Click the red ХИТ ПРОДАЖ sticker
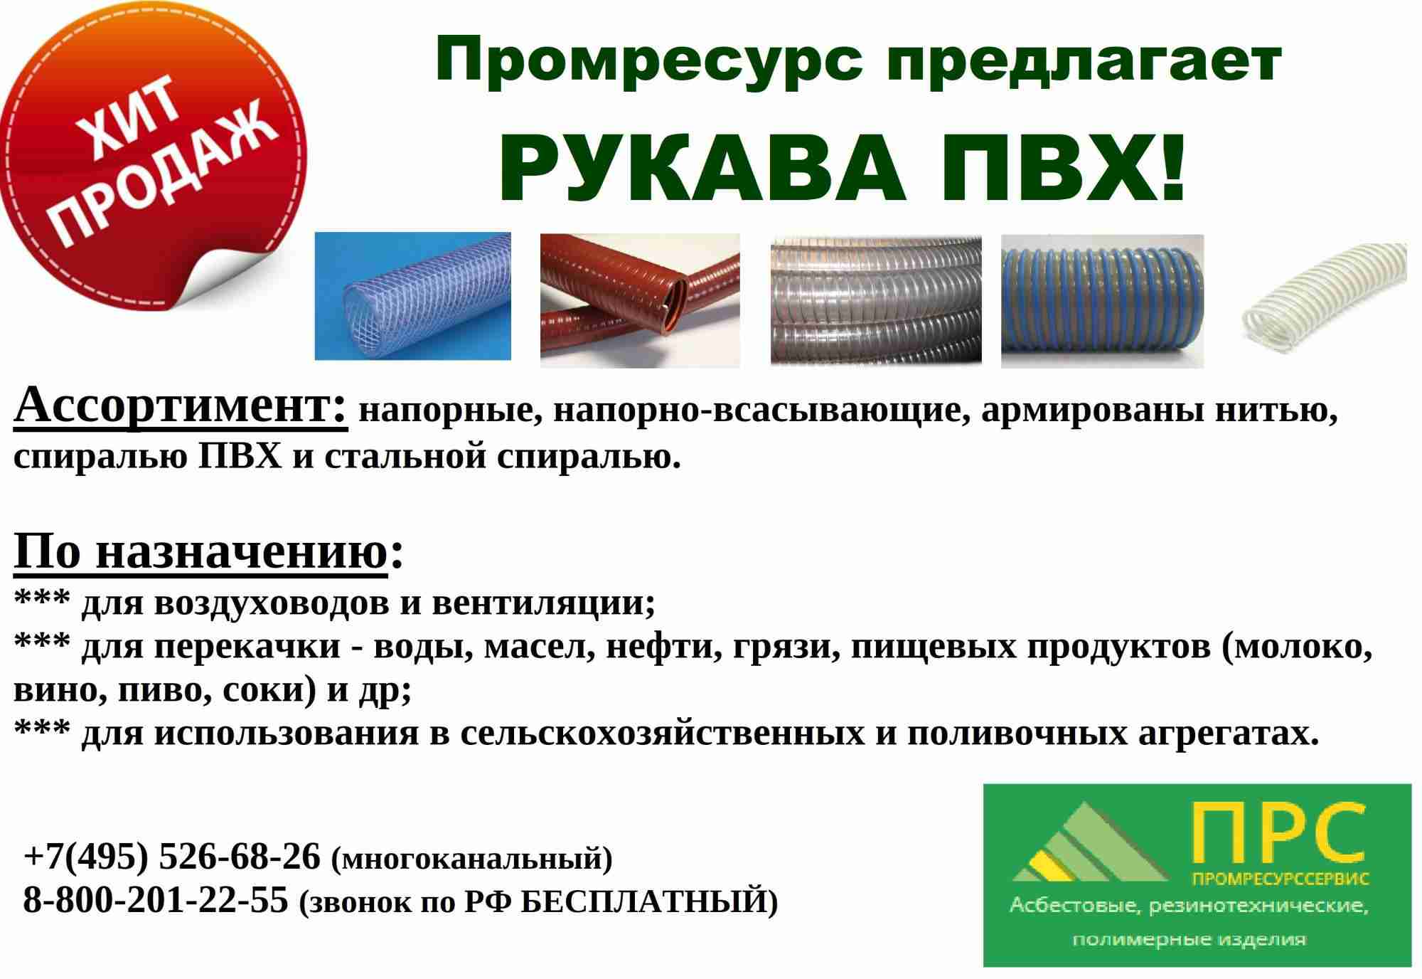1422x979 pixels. pos(153,157)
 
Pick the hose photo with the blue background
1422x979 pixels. pos(413,296)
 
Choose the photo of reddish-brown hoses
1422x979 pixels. pos(640,300)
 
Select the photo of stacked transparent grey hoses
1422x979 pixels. pos(876,300)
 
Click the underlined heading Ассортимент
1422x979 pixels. pos(181,407)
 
